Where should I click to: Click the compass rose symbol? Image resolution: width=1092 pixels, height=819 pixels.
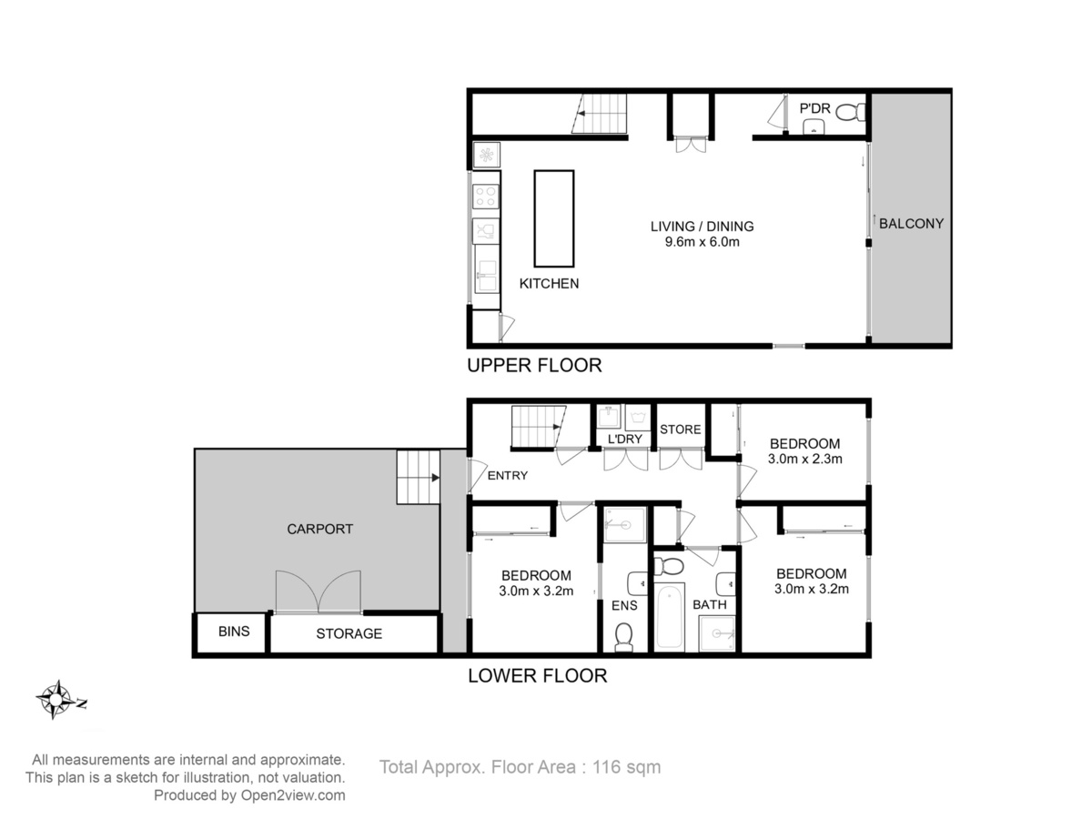click(56, 700)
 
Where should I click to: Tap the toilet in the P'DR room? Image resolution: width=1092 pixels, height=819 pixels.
click(850, 112)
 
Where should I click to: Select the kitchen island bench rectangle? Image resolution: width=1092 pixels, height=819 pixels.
click(553, 218)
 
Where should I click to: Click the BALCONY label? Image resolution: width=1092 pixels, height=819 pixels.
click(911, 224)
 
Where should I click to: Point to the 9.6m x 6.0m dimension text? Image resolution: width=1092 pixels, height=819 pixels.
click(702, 242)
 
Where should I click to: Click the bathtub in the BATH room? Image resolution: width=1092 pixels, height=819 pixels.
click(669, 617)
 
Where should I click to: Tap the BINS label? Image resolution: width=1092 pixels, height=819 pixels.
click(234, 632)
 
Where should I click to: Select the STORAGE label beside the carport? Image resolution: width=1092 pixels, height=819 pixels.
click(349, 633)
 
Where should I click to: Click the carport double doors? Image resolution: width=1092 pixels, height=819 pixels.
click(318, 591)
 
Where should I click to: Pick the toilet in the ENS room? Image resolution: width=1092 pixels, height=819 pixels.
click(623, 637)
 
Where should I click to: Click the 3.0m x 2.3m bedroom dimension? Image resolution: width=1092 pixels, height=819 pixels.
click(804, 459)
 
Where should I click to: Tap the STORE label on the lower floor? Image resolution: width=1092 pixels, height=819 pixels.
click(680, 430)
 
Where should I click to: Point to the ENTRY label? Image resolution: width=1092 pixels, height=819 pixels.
click(508, 476)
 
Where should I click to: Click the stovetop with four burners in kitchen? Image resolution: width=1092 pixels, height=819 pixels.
click(486, 196)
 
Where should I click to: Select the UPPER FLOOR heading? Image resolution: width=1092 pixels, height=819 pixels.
click(534, 366)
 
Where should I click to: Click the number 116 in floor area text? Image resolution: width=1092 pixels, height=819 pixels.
click(605, 767)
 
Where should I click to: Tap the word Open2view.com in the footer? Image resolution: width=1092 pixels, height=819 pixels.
click(293, 795)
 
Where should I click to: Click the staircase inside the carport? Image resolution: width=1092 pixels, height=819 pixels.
click(419, 478)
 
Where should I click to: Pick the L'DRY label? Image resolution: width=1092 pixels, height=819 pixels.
click(625, 440)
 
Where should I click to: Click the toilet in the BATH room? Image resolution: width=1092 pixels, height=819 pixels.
click(669, 566)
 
